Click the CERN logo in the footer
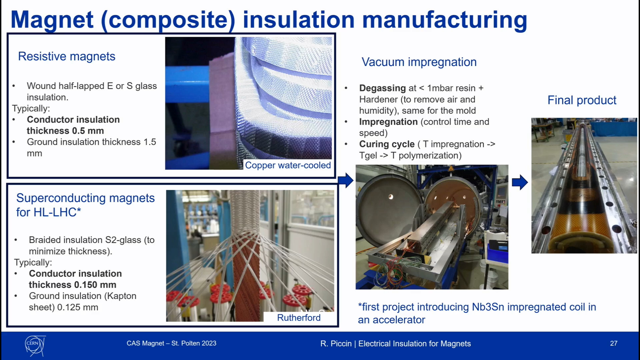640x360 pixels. point(35,345)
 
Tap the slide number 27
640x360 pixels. point(614,343)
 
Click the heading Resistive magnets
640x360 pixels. point(67,56)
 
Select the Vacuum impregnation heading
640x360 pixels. point(419,62)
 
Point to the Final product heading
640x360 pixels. point(582,100)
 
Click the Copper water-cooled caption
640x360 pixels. point(288,165)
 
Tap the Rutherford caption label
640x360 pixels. point(299,318)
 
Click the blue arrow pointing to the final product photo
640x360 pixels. point(520,182)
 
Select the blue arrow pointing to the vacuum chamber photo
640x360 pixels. point(346,180)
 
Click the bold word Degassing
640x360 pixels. point(382,88)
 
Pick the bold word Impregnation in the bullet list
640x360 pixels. point(388,122)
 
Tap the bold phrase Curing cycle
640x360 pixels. point(387,144)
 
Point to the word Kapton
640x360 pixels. point(121,296)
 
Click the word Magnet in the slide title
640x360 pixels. point(52,20)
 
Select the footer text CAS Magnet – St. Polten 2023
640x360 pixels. point(171,343)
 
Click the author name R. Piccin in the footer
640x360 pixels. point(336,344)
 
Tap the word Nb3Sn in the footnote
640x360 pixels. point(488,307)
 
